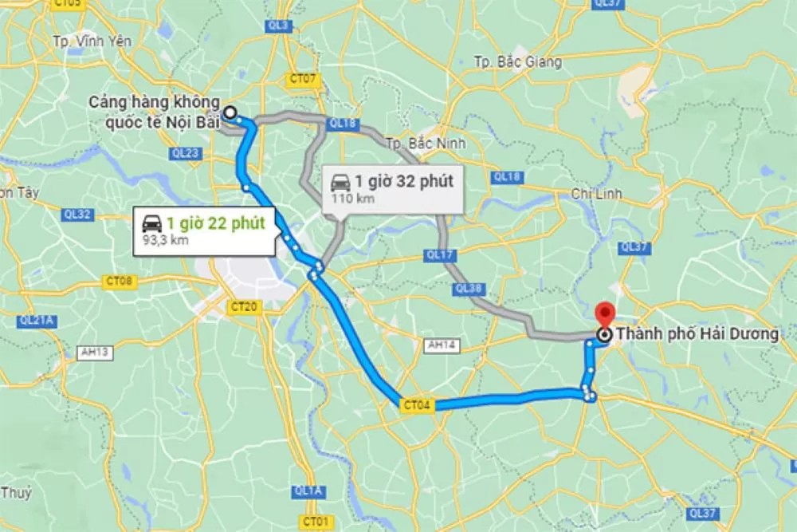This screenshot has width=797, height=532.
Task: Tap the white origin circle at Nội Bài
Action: pyautogui.click(x=230, y=113)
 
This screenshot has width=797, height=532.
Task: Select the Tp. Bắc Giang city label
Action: pyautogui.click(x=517, y=61)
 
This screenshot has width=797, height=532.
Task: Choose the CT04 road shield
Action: pyautogui.click(x=417, y=406)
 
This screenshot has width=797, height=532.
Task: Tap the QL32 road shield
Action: pyautogui.click(x=77, y=215)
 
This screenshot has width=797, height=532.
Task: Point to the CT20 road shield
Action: pyautogui.click(x=243, y=306)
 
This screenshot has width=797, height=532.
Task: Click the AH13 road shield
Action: pyautogui.click(x=93, y=351)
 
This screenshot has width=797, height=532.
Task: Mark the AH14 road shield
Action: pyautogui.click(x=439, y=345)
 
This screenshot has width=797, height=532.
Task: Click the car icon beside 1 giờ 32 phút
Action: pyautogui.click(x=340, y=181)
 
